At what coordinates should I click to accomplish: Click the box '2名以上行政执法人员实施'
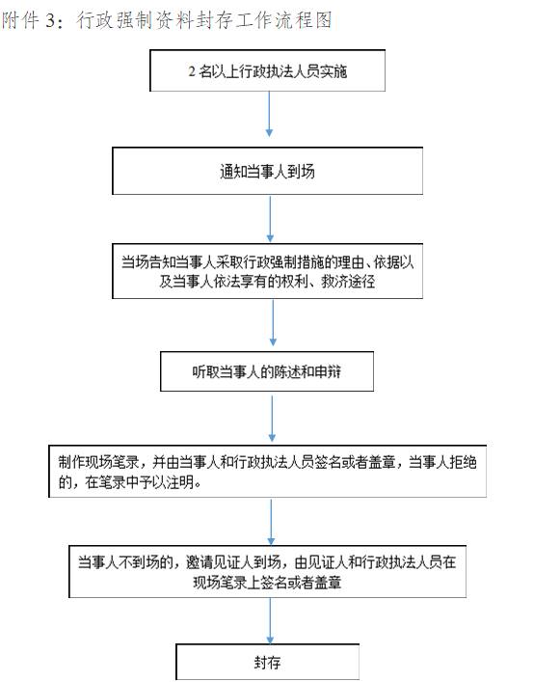click(x=267, y=70)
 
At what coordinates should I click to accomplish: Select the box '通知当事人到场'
click(x=267, y=171)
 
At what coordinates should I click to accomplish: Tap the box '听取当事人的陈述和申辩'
click(x=267, y=371)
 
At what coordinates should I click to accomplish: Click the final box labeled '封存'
click(x=267, y=662)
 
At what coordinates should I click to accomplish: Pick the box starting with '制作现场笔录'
click(x=267, y=471)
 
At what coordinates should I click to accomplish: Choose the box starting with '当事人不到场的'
click(x=267, y=571)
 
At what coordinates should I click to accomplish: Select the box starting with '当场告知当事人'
click(x=267, y=271)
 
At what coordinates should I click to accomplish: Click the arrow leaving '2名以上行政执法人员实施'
click(x=269, y=114)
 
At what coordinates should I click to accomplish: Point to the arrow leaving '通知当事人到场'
click(x=270, y=218)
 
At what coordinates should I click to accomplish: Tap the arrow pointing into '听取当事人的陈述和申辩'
click(x=273, y=323)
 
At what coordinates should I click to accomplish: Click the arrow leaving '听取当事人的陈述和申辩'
click(x=272, y=419)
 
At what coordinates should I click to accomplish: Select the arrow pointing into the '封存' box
click(x=270, y=620)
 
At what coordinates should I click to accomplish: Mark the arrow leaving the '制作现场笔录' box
click(x=271, y=522)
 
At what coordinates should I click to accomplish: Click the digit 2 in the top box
click(x=192, y=70)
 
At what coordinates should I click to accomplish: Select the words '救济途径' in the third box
click(x=348, y=282)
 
